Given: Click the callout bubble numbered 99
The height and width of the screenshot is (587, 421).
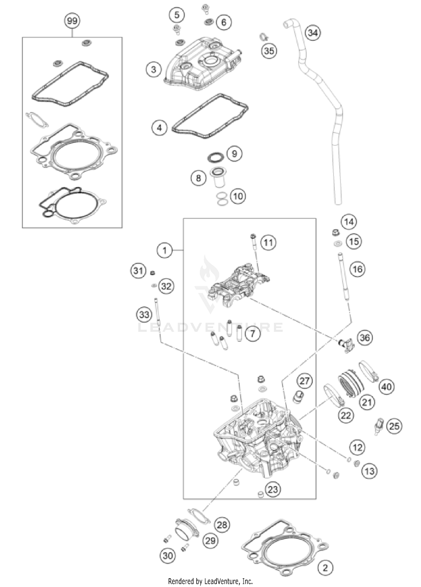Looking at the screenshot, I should pyautogui.click(x=72, y=21).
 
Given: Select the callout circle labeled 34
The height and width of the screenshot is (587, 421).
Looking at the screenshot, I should pyautogui.click(x=313, y=33).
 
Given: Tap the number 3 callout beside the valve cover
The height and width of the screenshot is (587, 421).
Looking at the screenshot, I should pyautogui.click(x=154, y=69).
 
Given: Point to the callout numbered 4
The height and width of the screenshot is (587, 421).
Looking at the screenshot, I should pyautogui.click(x=159, y=128).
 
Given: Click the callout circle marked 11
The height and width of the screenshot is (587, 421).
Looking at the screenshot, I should pyautogui.click(x=268, y=242).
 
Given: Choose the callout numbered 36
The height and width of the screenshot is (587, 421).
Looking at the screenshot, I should pyautogui.click(x=365, y=337).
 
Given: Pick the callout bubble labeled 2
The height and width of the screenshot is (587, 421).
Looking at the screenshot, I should pyautogui.click(x=325, y=568).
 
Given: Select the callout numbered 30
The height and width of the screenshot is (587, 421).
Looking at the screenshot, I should pyautogui.click(x=168, y=555).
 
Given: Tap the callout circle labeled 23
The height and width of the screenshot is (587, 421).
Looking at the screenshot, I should pyautogui.click(x=273, y=489).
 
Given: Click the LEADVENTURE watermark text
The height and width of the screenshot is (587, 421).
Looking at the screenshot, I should pyautogui.click(x=210, y=327).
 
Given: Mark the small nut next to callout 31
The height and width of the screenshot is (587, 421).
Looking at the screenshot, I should pyautogui.click(x=153, y=272).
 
